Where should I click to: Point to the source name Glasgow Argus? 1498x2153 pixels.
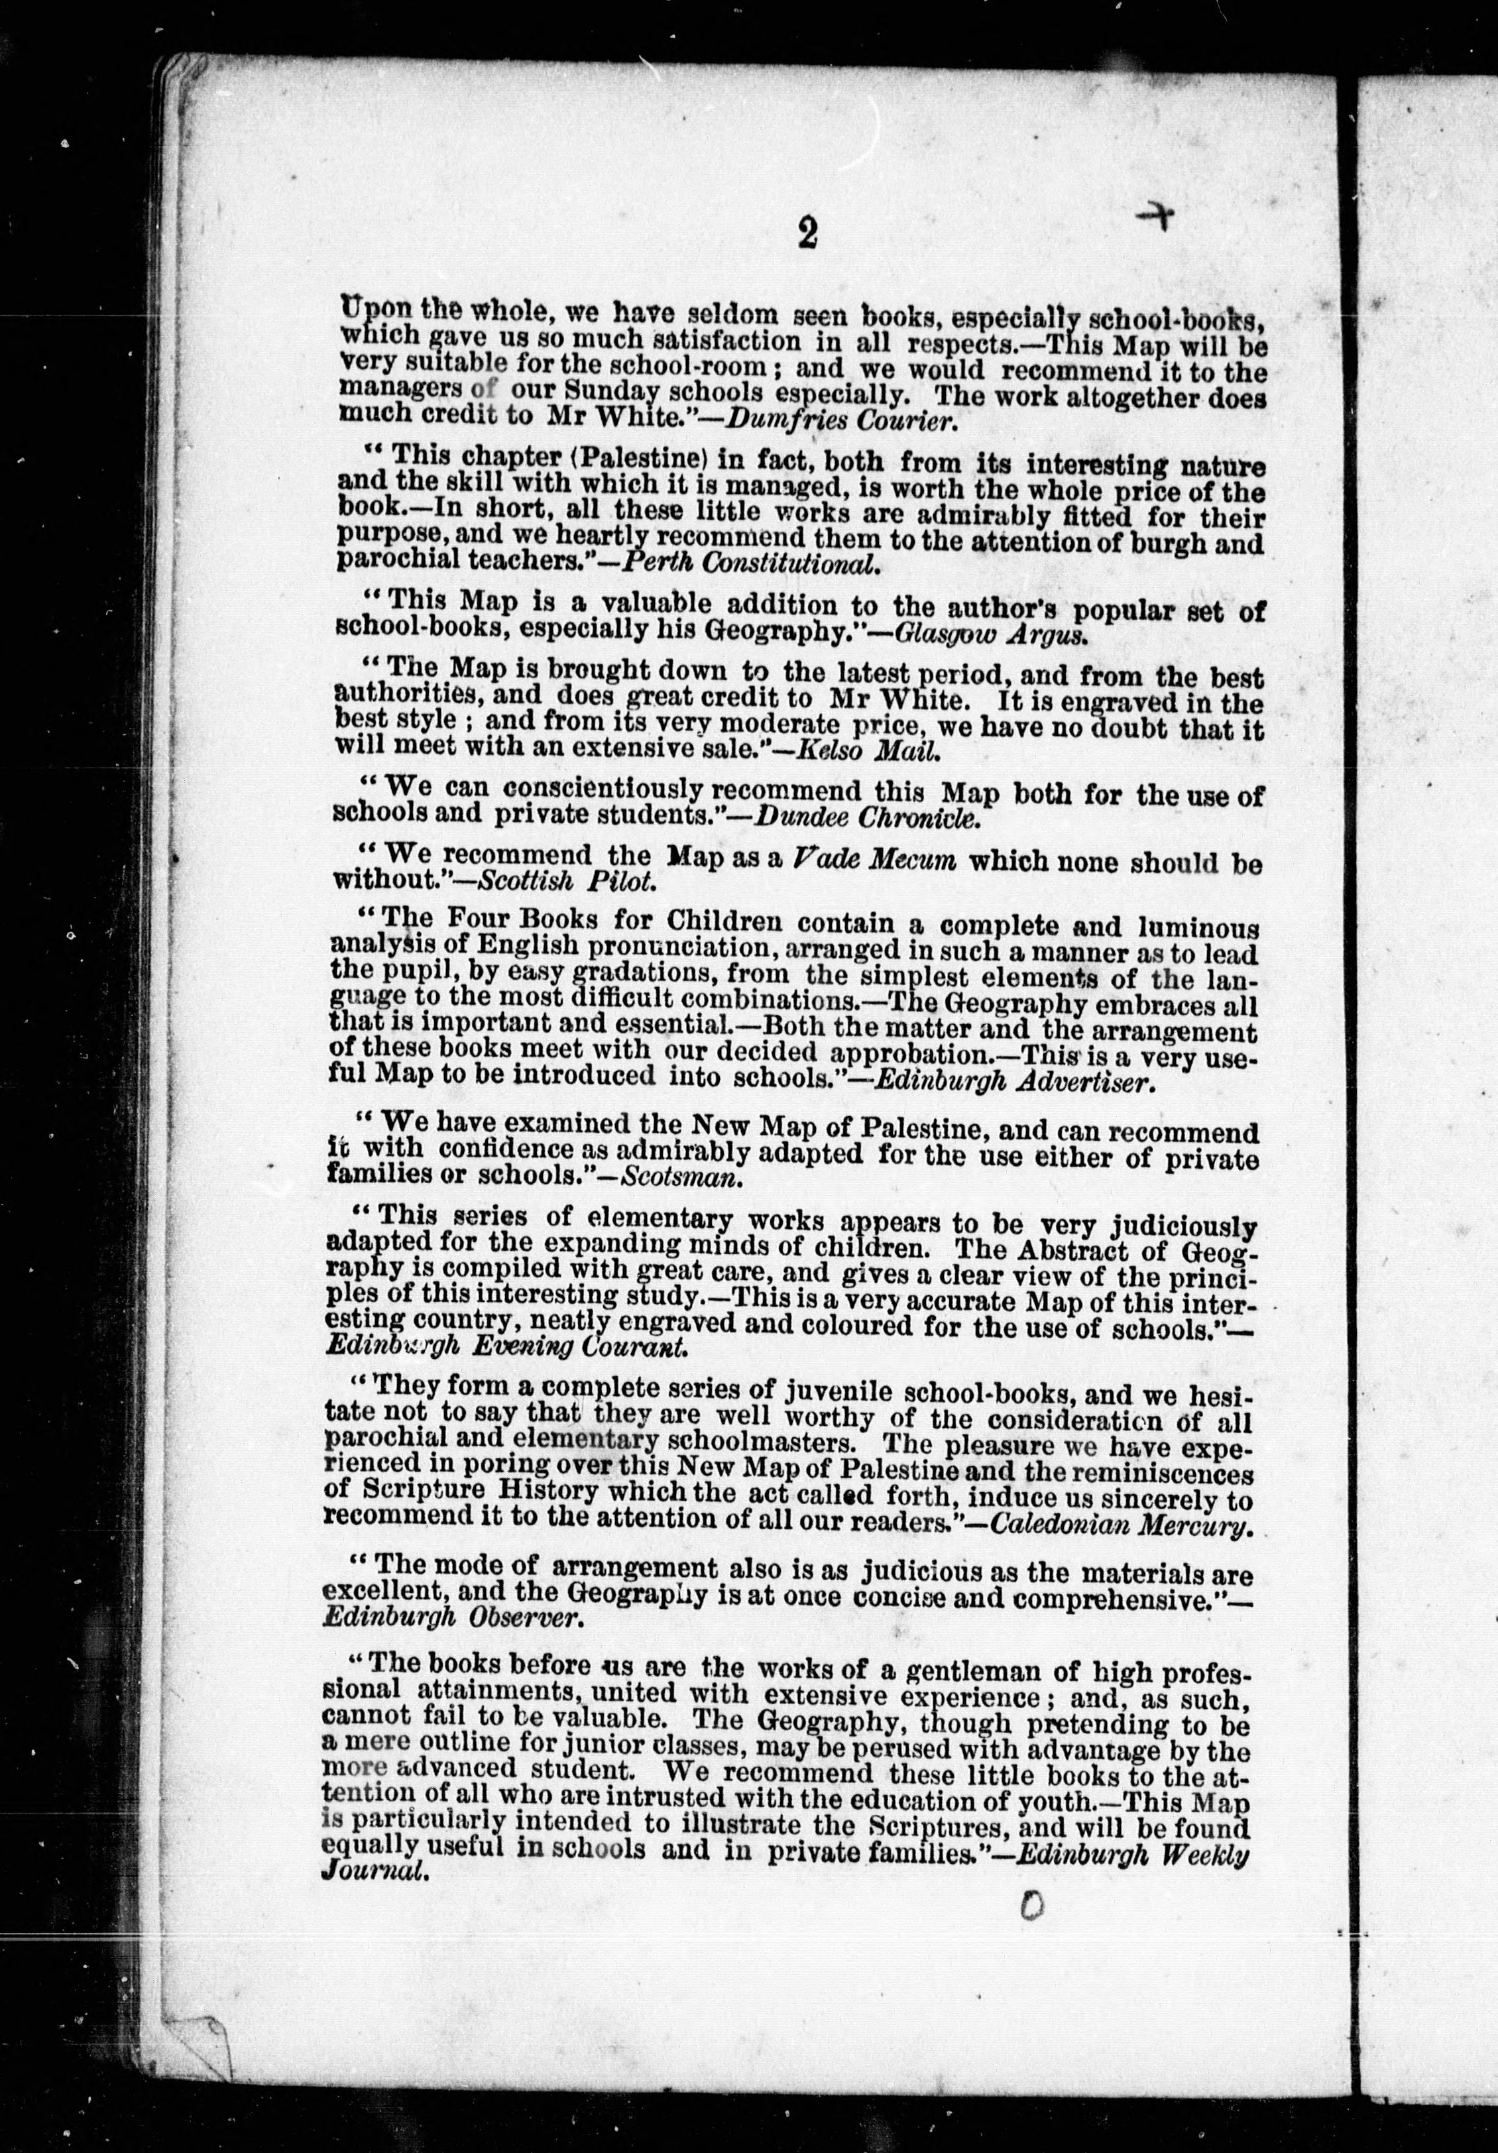991,634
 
